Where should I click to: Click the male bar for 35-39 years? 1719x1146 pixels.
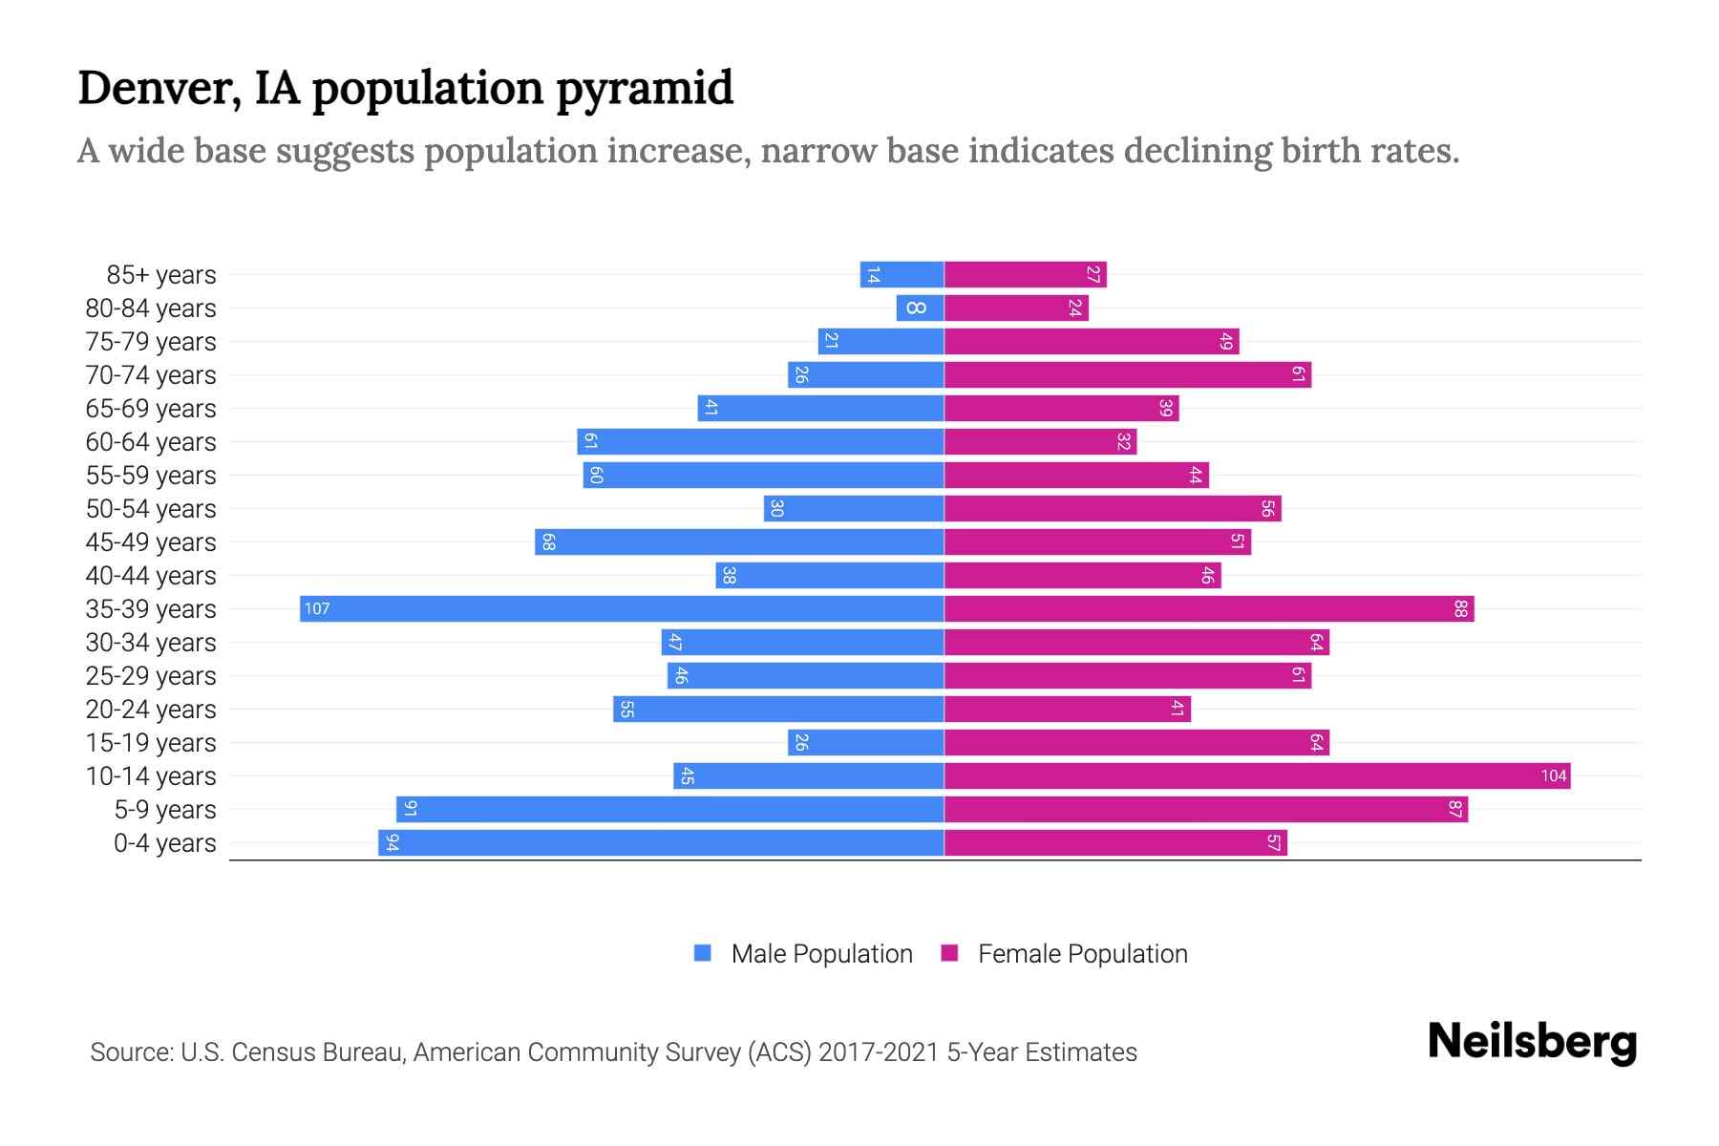[x=621, y=608]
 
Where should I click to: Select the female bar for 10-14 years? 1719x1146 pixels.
[x=1257, y=775]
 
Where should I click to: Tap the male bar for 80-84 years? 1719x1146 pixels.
[x=920, y=308]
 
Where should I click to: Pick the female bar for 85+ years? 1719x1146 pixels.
[x=1025, y=274]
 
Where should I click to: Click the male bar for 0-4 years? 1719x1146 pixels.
[x=661, y=842]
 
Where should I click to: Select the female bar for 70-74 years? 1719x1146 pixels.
[x=1127, y=374]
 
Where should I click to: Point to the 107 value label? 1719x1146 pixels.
[x=317, y=608]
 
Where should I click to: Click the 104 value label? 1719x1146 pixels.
[x=1554, y=775]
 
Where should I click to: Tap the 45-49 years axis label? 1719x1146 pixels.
[x=151, y=541]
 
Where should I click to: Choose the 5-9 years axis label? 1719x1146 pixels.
[x=164, y=809]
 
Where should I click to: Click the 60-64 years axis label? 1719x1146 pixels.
[x=151, y=441]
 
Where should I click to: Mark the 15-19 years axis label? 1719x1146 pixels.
[x=151, y=742]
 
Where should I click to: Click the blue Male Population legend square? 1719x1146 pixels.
[x=703, y=953]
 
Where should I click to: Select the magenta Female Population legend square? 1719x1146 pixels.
[x=949, y=953]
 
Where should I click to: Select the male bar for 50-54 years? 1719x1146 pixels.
[x=854, y=508]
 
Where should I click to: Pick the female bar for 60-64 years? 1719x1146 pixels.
[x=1040, y=441]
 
